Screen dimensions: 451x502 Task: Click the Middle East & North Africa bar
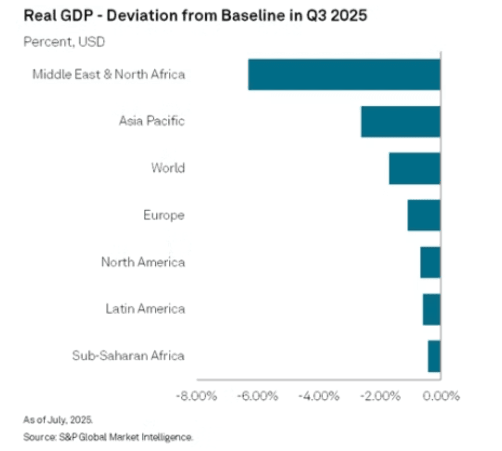[x=344, y=75]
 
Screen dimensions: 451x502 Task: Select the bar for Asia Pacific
[x=401, y=121]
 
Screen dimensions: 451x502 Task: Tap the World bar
[x=415, y=168]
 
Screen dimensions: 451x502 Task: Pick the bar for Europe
[x=424, y=215]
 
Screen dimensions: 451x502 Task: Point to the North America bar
[x=430, y=262]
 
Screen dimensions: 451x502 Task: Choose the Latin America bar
[x=432, y=309]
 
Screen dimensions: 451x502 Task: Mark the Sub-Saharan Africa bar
[x=434, y=356]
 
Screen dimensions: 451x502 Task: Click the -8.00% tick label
[x=197, y=396]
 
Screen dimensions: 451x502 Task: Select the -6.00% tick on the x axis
[x=257, y=396]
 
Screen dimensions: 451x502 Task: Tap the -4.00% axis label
[x=318, y=396]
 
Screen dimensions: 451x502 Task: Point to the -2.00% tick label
[x=379, y=396]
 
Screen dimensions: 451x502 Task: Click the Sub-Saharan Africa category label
[x=128, y=356]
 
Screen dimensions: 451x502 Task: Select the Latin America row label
[x=145, y=309]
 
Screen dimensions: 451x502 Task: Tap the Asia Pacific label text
[x=152, y=121]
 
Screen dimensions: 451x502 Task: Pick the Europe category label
[x=164, y=215]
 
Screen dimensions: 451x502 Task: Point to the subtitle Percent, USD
[x=64, y=42]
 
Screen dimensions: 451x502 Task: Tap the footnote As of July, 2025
[x=58, y=420]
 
